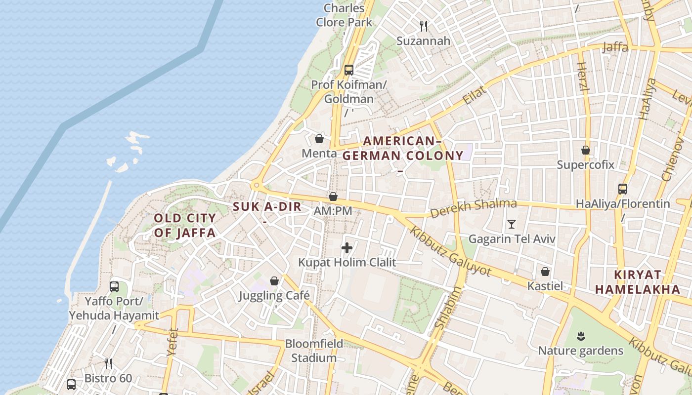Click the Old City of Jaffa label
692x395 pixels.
pyautogui.click(x=185, y=225)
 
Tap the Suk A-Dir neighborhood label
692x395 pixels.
pyautogui.click(x=267, y=207)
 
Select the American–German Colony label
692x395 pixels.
pyautogui.click(x=403, y=149)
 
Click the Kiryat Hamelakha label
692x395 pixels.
pyautogui.click(x=638, y=282)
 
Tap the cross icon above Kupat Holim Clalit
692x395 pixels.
pyautogui.click(x=347, y=248)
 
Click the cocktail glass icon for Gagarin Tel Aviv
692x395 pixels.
pyautogui.click(x=512, y=224)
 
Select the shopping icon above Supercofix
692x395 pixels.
pyautogui.click(x=586, y=150)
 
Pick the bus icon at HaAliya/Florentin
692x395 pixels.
pyautogui.click(x=623, y=189)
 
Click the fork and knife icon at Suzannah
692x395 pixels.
pyautogui.click(x=424, y=26)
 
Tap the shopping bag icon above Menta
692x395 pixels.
pyautogui.click(x=319, y=139)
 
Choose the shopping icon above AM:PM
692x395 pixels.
pyautogui.click(x=333, y=197)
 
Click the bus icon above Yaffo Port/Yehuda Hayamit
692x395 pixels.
pyautogui.click(x=114, y=286)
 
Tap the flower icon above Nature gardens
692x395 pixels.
pyautogui.click(x=581, y=336)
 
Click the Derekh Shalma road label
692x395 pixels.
pyautogui.click(x=473, y=208)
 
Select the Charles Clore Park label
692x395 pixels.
pyautogui.click(x=344, y=15)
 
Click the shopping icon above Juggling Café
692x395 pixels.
pyautogui.click(x=274, y=281)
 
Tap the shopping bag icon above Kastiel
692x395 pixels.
pyautogui.click(x=545, y=272)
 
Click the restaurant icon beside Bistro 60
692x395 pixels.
pyautogui.click(x=108, y=364)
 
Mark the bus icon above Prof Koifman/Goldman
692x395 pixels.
pyautogui.click(x=349, y=70)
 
